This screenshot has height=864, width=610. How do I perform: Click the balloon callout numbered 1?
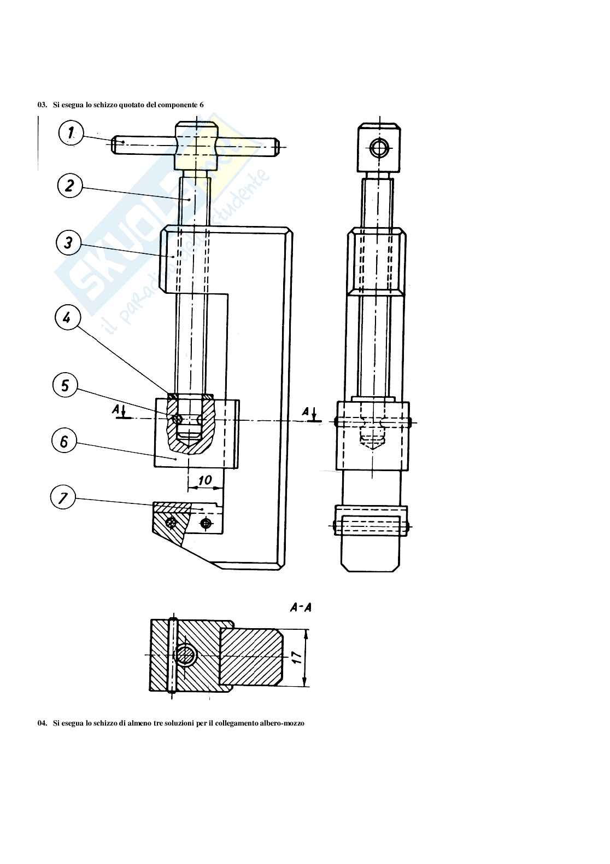(x=71, y=133)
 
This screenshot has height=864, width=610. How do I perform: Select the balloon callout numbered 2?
(x=70, y=186)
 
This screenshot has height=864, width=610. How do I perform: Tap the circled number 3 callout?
(x=68, y=243)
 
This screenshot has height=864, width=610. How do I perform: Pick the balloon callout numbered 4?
(x=67, y=318)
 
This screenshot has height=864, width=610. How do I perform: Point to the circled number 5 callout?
(x=64, y=385)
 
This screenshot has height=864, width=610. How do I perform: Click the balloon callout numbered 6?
(x=64, y=441)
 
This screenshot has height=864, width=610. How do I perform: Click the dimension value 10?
(x=205, y=480)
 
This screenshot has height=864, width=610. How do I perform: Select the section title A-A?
(x=301, y=608)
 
